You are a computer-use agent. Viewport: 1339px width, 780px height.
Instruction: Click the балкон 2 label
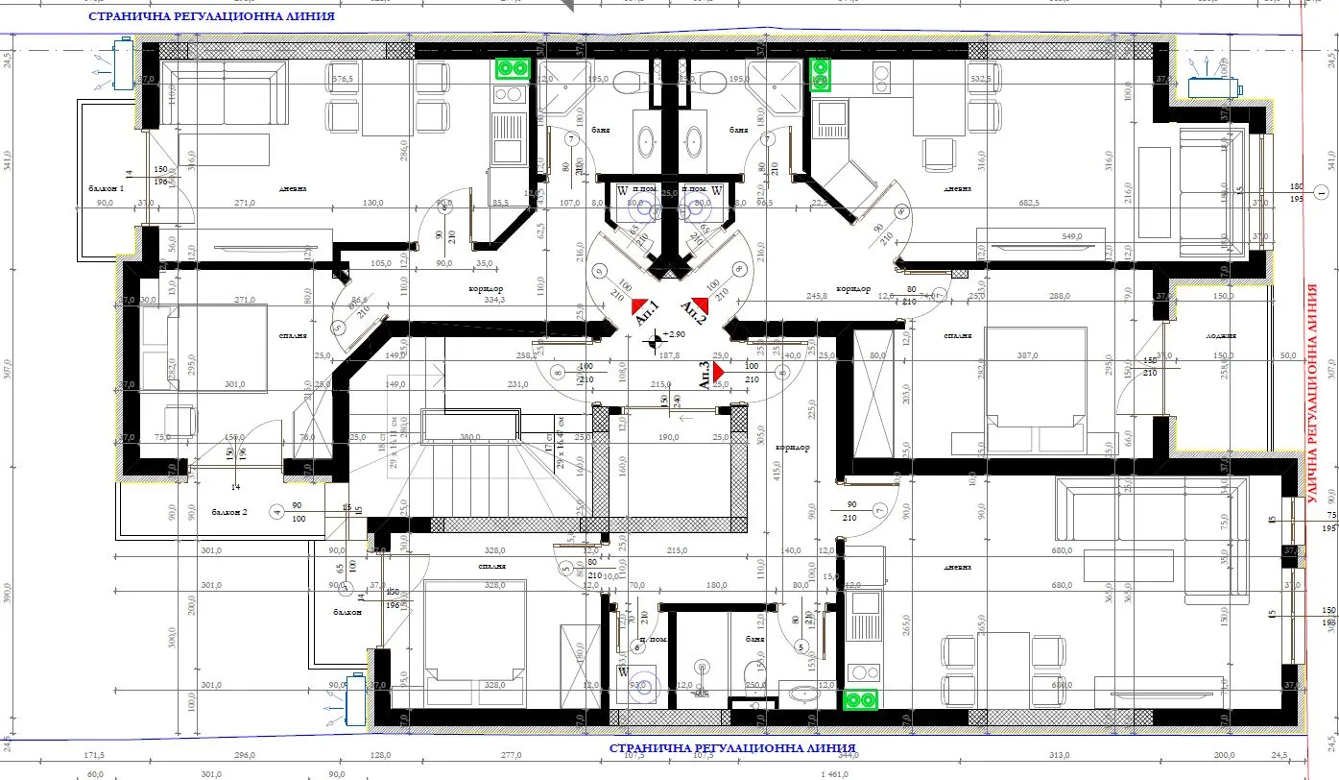(x=230, y=513)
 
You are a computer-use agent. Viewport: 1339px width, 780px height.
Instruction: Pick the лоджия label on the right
(x=1221, y=336)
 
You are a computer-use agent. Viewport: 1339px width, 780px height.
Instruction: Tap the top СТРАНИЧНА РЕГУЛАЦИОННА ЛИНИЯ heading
(x=211, y=16)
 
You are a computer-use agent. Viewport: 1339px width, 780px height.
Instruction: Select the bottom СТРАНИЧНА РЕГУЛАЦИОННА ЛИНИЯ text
(x=732, y=747)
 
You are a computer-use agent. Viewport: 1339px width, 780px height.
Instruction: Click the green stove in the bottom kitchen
(x=861, y=700)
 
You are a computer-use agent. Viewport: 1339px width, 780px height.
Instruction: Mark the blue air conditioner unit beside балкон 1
(x=123, y=63)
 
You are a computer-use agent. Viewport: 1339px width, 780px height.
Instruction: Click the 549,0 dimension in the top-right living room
(x=1071, y=236)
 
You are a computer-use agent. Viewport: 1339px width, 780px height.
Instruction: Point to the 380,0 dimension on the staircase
(x=469, y=437)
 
